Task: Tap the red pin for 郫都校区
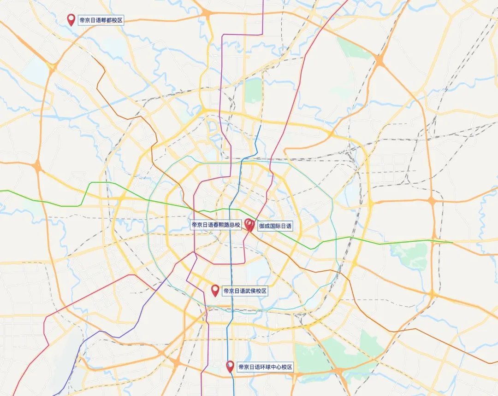(71, 19)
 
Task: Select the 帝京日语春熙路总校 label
(216, 225)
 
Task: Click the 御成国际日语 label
(275, 226)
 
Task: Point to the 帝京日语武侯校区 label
(245, 291)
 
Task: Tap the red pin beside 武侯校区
(215, 290)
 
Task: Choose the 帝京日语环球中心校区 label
(265, 367)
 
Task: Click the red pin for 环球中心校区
(230, 366)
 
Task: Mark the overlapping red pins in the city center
(249, 224)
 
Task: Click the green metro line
(369, 240)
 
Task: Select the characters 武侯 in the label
(251, 291)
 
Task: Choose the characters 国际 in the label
(275, 226)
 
